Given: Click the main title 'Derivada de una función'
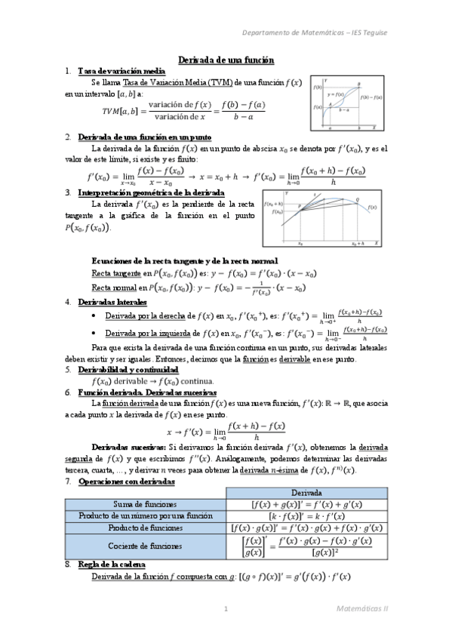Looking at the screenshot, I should point(226,60).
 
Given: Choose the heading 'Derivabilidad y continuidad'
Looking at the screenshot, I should point(128,371).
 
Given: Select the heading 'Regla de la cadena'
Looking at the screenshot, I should point(112,565).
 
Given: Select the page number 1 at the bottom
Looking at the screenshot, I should point(226,608).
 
